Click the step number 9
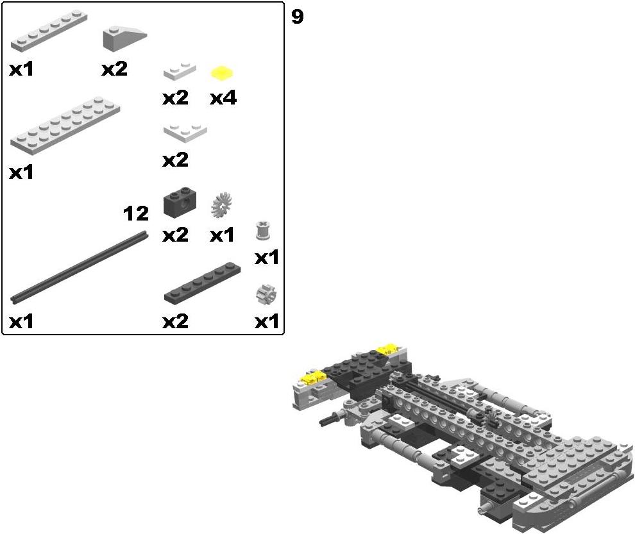[x=297, y=17]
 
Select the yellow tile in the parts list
[x=222, y=73]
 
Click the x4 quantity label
[x=223, y=98]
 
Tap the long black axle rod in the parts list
[x=79, y=267]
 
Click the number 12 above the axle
[x=136, y=213]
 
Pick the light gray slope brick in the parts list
[x=124, y=38]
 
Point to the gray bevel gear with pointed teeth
[x=221, y=205]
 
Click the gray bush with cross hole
[x=263, y=230]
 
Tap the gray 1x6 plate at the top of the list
[x=49, y=31]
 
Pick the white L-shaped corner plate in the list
[x=185, y=133]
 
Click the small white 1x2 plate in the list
[x=180, y=71]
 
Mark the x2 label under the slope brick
[x=115, y=69]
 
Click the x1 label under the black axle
[x=21, y=322]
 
